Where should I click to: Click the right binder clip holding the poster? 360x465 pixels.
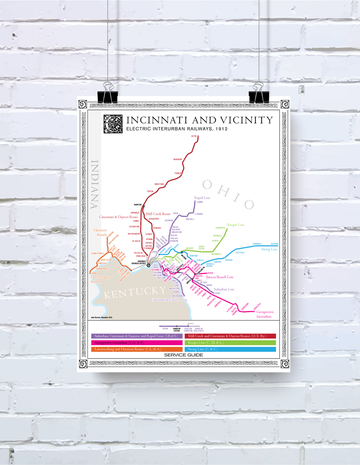point(259,95)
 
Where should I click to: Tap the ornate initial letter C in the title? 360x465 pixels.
point(113,124)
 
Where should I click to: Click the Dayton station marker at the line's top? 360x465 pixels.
point(197,136)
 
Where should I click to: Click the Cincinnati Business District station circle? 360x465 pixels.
point(148,265)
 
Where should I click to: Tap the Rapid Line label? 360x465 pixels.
point(202,198)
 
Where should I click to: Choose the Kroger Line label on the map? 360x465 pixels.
point(236,225)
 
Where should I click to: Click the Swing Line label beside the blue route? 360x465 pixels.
point(269,249)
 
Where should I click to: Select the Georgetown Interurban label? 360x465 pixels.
point(265,314)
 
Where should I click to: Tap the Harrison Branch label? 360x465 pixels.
point(100,232)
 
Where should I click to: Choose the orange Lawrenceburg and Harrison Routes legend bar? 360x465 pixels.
point(137,349)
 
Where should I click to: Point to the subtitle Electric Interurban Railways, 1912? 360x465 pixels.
point(177,129)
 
